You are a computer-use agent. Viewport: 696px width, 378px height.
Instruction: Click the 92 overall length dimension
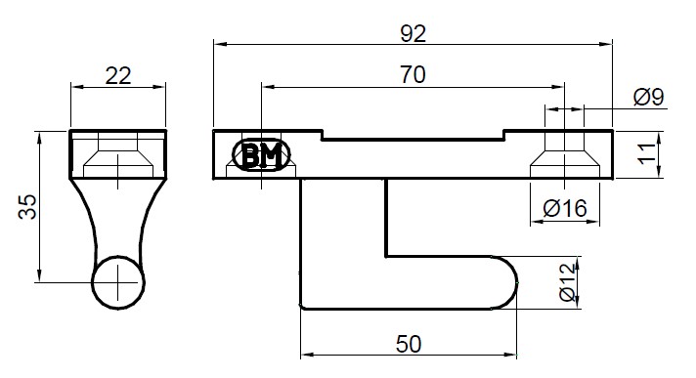coord(413,34)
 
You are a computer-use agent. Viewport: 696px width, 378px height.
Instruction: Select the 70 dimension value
coord(413,74)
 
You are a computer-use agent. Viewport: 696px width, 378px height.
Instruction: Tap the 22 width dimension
coord(118,76)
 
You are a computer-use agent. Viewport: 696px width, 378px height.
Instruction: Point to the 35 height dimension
coord(27,207)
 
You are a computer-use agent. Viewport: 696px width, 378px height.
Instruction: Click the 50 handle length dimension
coord(409,344)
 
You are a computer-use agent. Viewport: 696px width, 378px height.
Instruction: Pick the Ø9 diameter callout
coord(648,97)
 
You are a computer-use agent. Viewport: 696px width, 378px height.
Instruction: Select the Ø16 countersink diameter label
coord(565,208)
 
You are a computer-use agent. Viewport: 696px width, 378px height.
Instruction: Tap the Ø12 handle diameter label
coord(568,282)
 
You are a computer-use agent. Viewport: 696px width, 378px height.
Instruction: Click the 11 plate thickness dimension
coord(648,153)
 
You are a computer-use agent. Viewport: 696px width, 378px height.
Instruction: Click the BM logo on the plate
coord(261,155)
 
